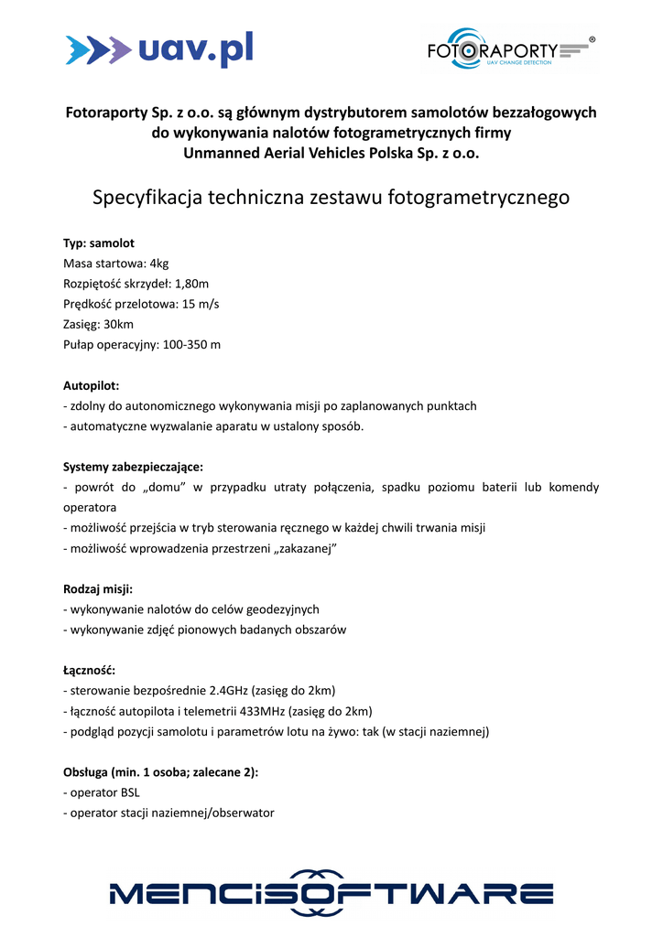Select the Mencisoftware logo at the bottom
331,892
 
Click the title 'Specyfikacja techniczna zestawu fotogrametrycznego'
331,198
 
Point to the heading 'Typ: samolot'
99,243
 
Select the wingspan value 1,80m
191,284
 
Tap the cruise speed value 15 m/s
201,304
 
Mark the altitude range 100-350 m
191,345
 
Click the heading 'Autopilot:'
92,385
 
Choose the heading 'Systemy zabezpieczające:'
133,467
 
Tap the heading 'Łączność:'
90,670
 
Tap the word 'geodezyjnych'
284,609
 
